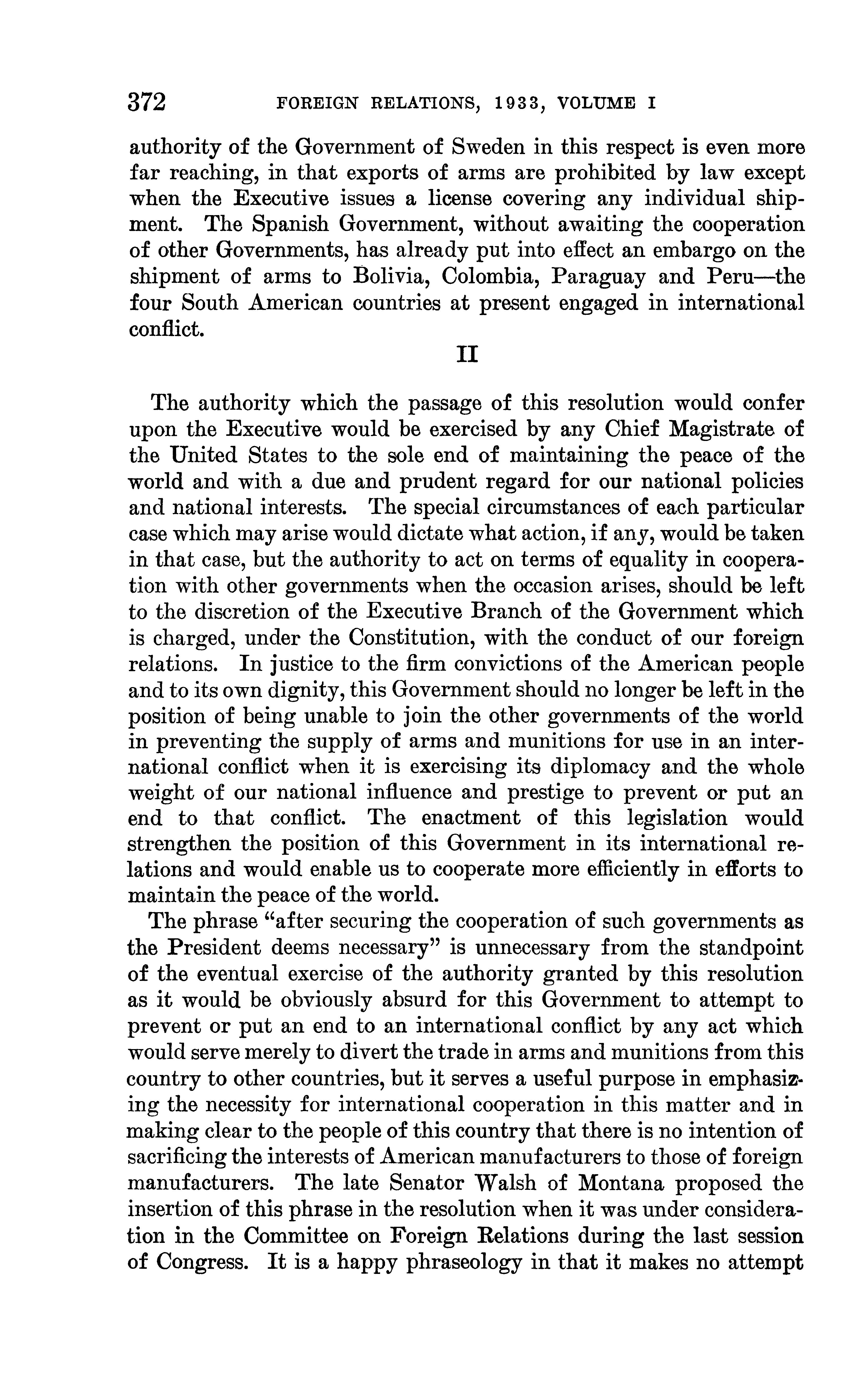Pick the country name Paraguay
point(599,277)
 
